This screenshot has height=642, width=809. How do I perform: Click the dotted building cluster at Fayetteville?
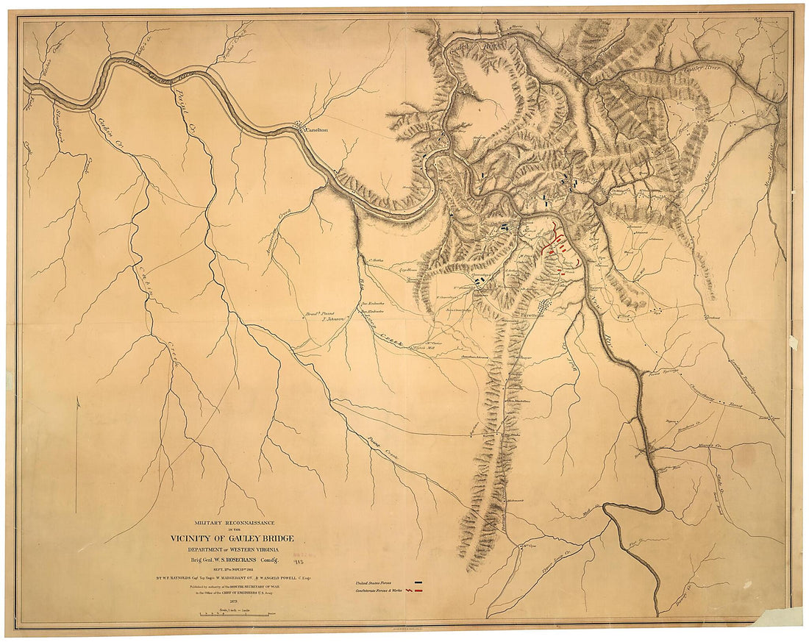(545, 304)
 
